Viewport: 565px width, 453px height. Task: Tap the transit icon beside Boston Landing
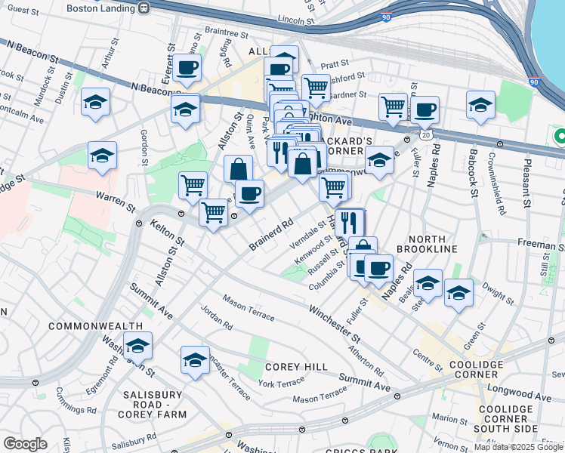(x=143, y=8)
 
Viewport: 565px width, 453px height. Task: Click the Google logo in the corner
(x=25, y=444)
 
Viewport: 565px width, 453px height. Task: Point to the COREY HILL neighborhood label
(x=296, y=367)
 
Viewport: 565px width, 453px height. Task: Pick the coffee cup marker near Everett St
(x=187, y=68)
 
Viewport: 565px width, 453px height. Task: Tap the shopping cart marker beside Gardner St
(x=393, y=107)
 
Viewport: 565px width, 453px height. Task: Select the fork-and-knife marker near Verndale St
(x=350, y=223)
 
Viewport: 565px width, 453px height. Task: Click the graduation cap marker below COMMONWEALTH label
(x=137, y=346)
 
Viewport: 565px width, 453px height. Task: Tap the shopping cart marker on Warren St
(x=193, y=186)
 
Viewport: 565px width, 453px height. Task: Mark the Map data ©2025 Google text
(x=517, y=447)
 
